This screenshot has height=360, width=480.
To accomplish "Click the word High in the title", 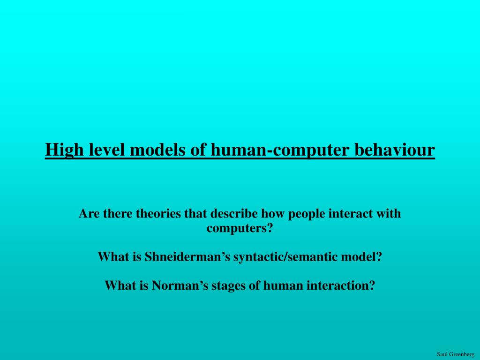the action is pos(64,150).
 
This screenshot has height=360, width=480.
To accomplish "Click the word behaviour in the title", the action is pos(395,150).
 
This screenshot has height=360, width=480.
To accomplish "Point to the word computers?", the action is pos(240,229).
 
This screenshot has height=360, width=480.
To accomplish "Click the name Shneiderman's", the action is pos(187,256).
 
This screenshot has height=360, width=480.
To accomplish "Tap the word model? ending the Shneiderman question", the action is pos(361,256).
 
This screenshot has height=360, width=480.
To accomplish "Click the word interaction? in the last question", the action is pos(341,285).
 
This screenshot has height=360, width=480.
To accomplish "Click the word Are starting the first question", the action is pos(90,214).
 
